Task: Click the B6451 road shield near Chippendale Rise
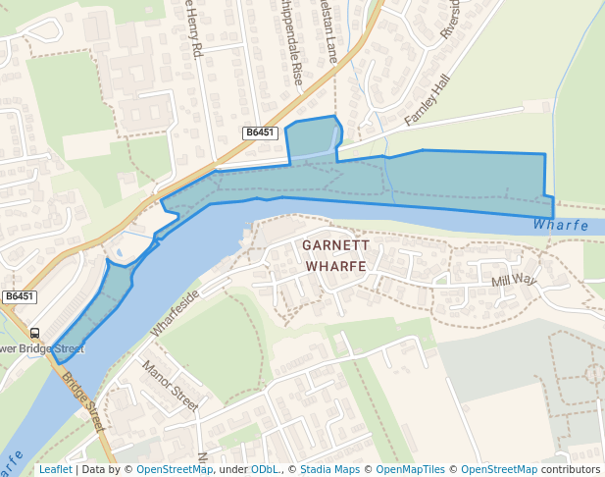pos(260,132)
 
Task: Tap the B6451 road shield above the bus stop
pos(19,296)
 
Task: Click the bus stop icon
pos(34,333)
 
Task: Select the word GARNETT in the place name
pos(334,245)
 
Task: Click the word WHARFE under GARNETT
pos(335,266)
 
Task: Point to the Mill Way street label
pos(515,281)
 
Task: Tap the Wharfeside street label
pos(176,313)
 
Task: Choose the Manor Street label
pos(170,386)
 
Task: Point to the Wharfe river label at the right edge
pos(561,226)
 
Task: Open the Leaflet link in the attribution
pos(55,469)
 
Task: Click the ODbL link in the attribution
pos(265,469)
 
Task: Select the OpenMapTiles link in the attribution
pos(408,469)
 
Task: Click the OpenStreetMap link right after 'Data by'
pos(174,469)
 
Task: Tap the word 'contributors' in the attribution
pos(571,469)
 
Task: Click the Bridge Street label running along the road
pos(82,401)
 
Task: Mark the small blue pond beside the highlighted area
pos(119,253)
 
